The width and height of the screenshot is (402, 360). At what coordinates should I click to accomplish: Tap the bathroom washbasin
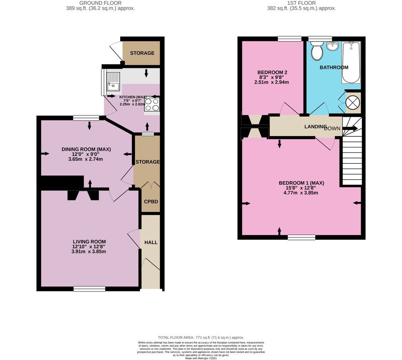click(x=333, y=46)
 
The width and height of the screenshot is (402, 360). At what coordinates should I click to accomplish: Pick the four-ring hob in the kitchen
click(x=152, y=104)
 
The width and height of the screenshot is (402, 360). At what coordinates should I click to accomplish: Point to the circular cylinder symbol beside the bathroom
click(x=353, y=103)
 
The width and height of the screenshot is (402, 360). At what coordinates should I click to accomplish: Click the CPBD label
click(x=150, y=202)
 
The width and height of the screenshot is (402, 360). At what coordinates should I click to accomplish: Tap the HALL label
click(x=151, y=242)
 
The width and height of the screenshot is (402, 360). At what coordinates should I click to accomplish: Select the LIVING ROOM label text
click(x=89, y=242)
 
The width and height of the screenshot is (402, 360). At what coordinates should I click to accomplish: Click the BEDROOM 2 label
click(x=272, y=72)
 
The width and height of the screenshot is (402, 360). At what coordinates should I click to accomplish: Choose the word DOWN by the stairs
click(x=332, y=129)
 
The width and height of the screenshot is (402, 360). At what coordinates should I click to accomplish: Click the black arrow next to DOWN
click(x=350, y=128)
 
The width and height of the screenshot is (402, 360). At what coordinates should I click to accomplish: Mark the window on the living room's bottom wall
click(x=89, y=289)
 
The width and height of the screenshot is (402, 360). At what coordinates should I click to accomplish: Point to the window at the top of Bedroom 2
click(x=289, y=39)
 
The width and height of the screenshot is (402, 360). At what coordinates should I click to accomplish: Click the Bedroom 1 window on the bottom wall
click(x=301, y=237)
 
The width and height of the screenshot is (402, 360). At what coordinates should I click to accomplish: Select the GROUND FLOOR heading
click(x=100, y=3)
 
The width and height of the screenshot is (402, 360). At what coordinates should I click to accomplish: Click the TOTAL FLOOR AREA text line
click(x=201, y=338)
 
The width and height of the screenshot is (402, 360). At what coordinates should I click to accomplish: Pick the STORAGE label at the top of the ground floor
click(x=142, y=53)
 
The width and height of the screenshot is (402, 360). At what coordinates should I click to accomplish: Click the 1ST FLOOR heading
click(x=301, y=3)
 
